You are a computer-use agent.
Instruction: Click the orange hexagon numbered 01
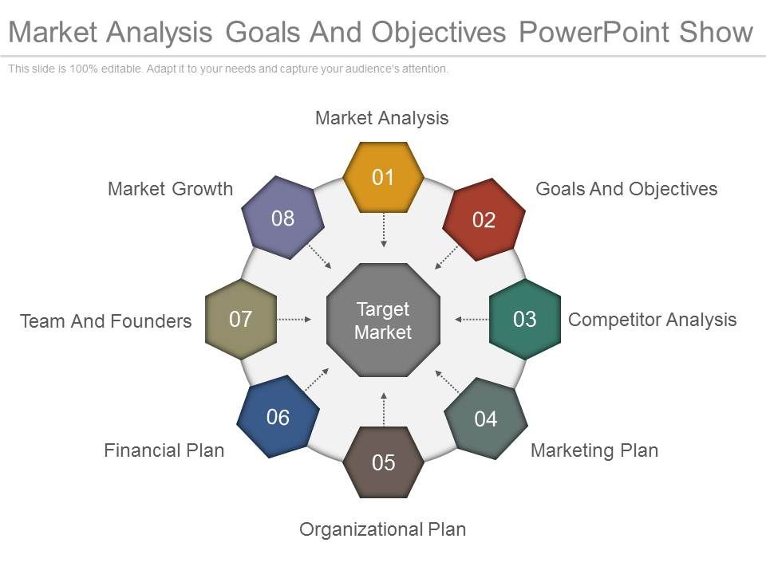point(383,177)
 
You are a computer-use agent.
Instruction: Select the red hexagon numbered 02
point(484,220)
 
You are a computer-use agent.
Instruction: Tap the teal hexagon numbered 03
point(524,320)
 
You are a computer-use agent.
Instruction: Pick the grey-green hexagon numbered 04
point(485,419)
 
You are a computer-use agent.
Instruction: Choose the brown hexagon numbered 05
point(384,462)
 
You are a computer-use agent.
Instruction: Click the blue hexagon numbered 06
point(278,417)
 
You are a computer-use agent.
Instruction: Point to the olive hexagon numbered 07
point(241,320)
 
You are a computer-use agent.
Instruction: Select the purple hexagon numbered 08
point(282,218)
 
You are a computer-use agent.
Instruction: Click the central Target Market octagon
point(383,320)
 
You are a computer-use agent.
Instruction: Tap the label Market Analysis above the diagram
point(382,118)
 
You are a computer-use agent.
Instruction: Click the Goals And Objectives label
point(626,189)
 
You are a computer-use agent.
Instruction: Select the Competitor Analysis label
point(652,320)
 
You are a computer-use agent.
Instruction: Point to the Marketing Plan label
point(594,450)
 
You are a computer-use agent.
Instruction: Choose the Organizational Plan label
point(382,529)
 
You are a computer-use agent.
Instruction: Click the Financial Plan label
point(164,450)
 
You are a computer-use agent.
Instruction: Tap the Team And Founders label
point(106,320)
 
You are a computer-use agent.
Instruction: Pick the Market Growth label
point(170,189)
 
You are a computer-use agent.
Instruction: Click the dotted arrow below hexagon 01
point(384,230)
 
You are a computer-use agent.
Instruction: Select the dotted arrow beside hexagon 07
point(295,320)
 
